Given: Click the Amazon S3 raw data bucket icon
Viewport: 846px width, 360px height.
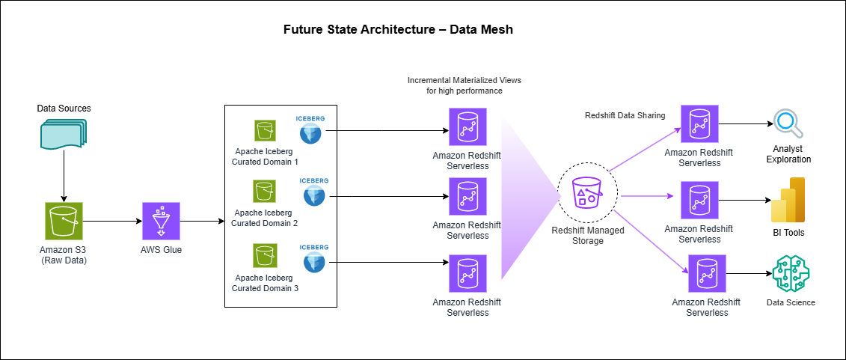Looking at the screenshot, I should pos(64,222).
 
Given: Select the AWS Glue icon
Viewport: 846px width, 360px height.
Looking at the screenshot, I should pos(161,222).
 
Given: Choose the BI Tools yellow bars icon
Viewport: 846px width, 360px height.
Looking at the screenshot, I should pos(788,201).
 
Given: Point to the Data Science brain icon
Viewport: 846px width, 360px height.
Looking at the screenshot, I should pos(790,274).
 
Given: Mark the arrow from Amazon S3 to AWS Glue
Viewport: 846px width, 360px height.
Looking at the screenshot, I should pos(112,222).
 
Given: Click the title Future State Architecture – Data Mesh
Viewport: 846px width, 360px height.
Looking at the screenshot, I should pos(398,30).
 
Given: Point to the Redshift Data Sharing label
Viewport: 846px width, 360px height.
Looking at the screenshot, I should pos(625,115).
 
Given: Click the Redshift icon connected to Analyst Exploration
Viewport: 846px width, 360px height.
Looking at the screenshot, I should pos(699,124).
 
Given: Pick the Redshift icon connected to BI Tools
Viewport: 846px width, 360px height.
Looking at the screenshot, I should pos(699,201).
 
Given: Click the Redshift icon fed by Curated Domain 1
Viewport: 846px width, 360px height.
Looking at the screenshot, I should pos(467,126).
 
